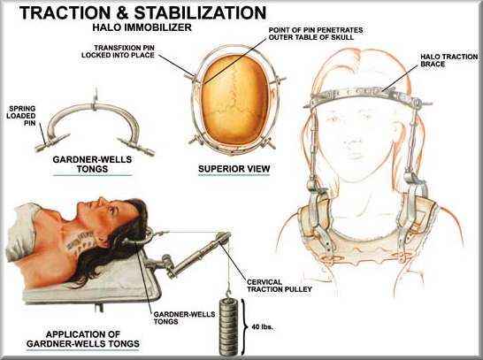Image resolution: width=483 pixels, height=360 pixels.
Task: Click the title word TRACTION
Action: click(65, 13)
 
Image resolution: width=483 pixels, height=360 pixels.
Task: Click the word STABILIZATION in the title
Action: click(200, 13)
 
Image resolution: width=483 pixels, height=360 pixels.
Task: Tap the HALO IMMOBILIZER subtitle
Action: click(142, 27)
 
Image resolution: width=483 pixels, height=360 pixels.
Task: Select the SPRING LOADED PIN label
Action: click(21, 116)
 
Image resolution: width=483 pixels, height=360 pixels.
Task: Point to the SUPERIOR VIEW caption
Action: click(234, 169)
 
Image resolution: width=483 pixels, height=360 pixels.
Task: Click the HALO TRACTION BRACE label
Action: click(448, 60)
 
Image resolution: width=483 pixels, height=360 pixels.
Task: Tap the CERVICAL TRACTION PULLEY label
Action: click(280, 286)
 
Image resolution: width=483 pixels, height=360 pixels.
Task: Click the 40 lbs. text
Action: click(263, 326)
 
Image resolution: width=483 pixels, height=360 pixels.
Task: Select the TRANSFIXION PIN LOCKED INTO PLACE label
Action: click(118, 51)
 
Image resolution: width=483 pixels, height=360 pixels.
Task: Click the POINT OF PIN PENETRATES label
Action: click(316, 30)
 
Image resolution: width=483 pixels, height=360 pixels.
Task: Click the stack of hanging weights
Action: click(229, 326)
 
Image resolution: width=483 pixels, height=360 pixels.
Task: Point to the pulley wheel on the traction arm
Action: click(223, 238)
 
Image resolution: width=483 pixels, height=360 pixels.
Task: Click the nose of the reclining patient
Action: click(101, 201)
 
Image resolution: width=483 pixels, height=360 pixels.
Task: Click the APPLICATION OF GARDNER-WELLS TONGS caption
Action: click(83, 339)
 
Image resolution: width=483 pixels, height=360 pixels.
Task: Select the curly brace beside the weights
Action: click(246, 326)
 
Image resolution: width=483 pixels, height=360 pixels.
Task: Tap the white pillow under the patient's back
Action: click(25, 231)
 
